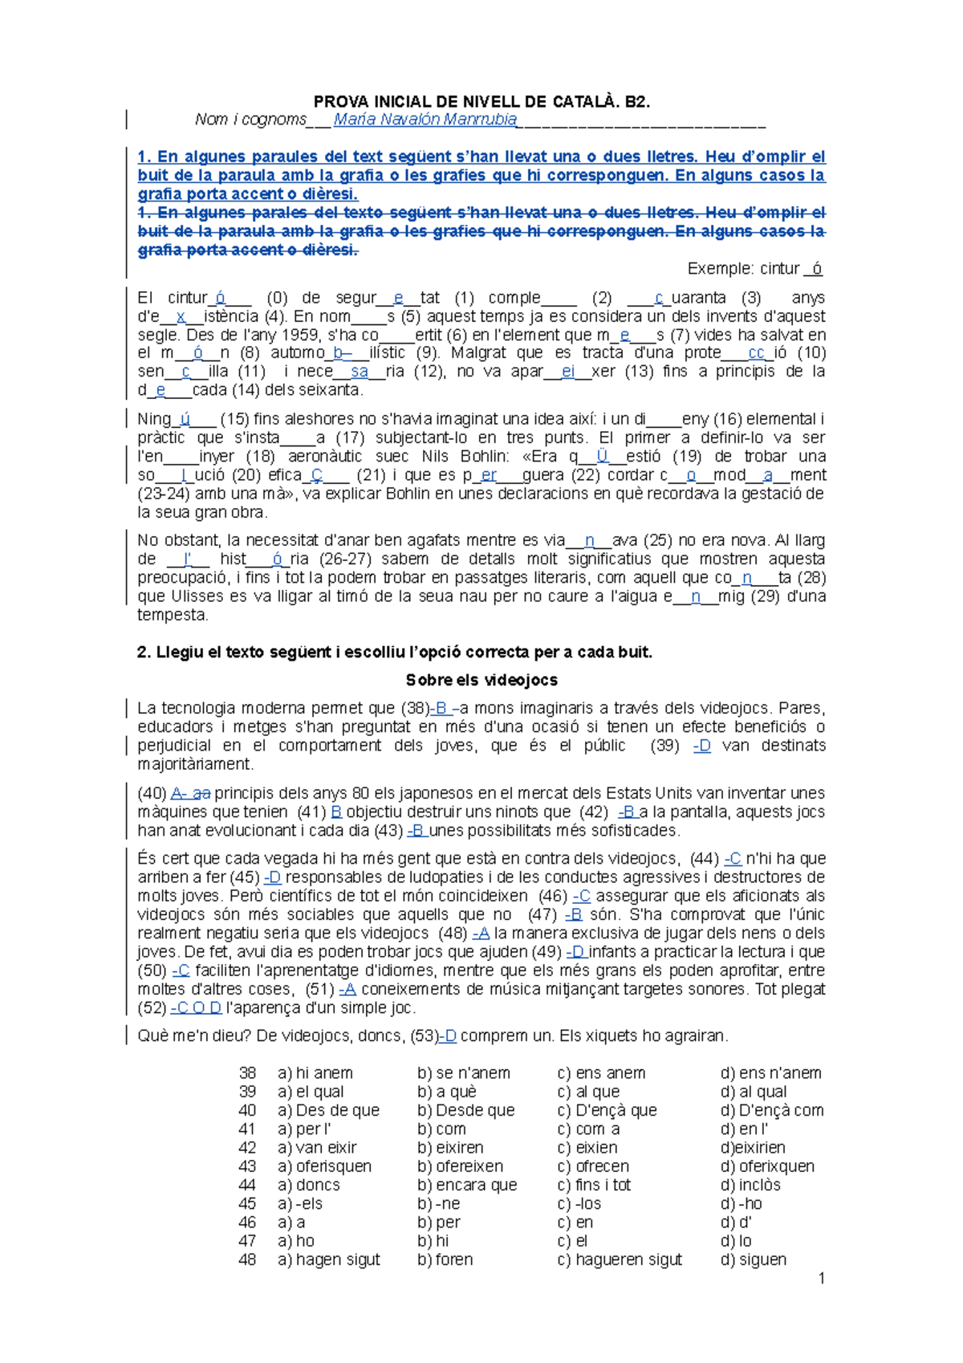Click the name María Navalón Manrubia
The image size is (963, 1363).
click(425, 120)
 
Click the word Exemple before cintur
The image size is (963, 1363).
click(719, 269)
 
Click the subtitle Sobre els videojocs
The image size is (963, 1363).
click(481, 680)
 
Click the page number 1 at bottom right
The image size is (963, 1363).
click(821, 1278)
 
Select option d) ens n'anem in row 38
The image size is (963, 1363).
click(770, 1073)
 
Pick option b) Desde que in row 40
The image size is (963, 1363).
click(466, 1110)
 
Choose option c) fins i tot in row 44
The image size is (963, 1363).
click(594, 1185)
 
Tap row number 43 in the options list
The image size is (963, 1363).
click(247, 1166)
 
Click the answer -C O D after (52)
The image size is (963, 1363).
click(196, 1008)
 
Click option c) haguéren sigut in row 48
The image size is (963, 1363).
click(620, 1259)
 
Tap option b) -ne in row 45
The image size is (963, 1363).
click(439, 1203)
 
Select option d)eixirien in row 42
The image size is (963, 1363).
click(753, 1148)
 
